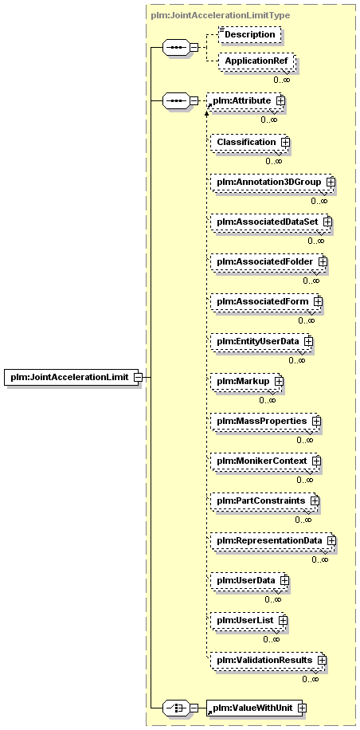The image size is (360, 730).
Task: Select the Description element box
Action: (x=250, y=34)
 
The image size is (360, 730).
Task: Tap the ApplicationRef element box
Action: (x=256, y=61)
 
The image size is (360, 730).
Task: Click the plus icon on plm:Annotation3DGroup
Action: (x=331, y=182)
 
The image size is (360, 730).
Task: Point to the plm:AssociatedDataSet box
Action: (x=271, y=222)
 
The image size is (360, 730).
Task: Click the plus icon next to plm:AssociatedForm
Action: (x=318, y=302)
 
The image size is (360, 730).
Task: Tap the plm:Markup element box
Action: (x=247, y=381)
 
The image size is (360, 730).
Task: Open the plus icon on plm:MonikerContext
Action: (x=316, y=461)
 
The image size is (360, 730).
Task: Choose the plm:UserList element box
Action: (x=248, y=620)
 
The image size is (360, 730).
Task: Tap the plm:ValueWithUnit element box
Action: (x=254, y=708)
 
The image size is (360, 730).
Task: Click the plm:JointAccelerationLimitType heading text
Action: (x=221, y=15)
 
